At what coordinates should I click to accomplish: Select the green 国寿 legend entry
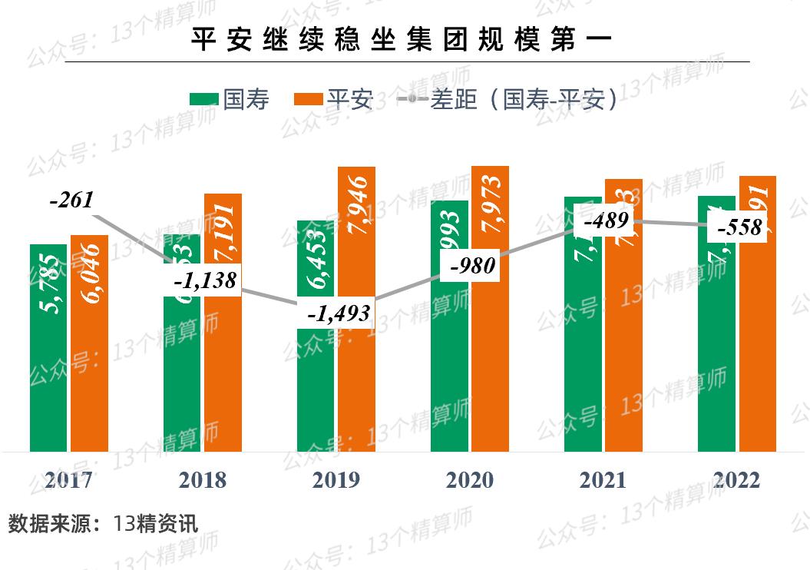click(230, 99)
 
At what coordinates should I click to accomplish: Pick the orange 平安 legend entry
click(334, 99)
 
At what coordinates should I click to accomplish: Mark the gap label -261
click(71, 200)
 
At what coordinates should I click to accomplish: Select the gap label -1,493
click(339, 313)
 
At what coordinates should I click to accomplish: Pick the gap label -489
click(607, 221)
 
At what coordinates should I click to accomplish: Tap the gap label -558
click(739, 227)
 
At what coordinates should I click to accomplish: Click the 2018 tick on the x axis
click(203, 480)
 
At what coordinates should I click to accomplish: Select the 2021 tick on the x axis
click(603, 480)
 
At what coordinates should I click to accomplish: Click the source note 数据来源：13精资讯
click(103, 524)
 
